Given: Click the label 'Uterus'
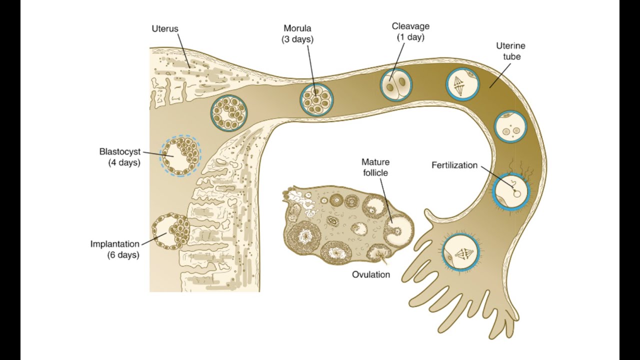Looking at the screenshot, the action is click(165, 28).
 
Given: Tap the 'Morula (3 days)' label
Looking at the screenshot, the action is click(297, 33).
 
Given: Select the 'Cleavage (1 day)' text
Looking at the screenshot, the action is click(410, 31).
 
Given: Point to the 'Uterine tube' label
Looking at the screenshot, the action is click(511, 51).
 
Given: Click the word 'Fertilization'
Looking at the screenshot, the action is click(454, 165).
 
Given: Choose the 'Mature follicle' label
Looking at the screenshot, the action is click(375, 167).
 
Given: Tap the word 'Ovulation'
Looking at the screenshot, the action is click(371, 274).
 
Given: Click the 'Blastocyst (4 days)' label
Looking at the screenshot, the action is click(119, 157).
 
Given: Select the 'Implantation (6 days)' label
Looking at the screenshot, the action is click(115, 249).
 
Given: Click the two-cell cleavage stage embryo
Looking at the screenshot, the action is click(396, 84).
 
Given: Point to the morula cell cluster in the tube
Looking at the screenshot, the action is click(316, 99).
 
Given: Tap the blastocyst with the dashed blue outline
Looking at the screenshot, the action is click(180, 155).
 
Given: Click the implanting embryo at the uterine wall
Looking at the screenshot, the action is click(170, 231).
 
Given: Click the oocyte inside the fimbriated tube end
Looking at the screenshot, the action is click(460, 252).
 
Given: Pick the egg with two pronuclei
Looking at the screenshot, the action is click(510, 126).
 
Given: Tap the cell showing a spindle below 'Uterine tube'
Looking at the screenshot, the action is click(462, 84).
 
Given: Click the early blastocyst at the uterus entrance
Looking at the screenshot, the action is click(229, 113).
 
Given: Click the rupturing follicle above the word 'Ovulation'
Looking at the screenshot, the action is click(378, 253).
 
